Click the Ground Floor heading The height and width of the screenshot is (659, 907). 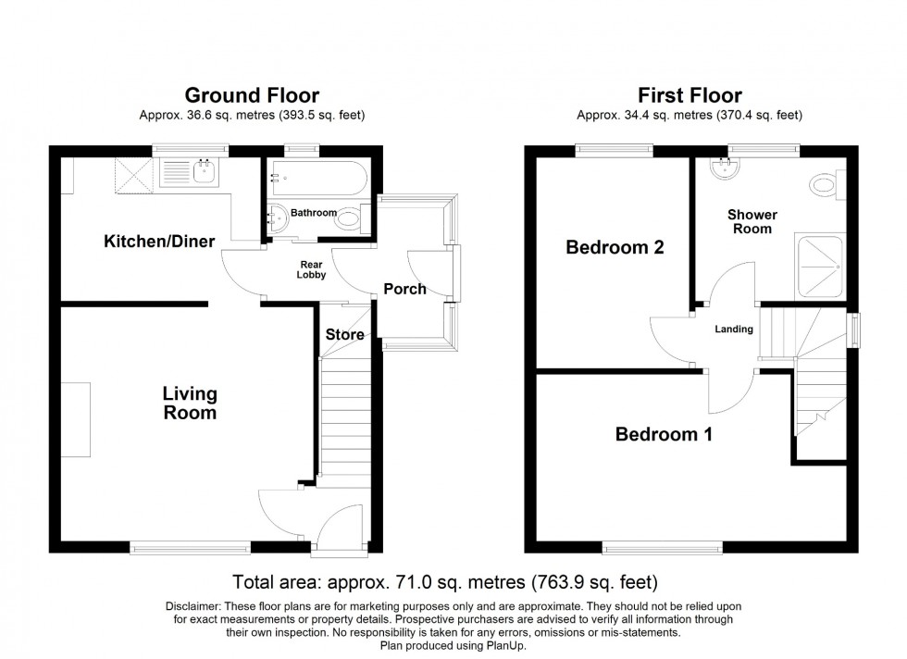[x=252, y=95]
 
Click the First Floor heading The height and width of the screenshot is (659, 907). [x=690, y=95]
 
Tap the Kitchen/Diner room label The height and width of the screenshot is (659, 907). [x=159, y=242]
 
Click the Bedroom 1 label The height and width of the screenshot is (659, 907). [x=665, y=435]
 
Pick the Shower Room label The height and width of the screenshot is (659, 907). [x=752, y=221]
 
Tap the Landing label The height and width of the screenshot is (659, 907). [x=735, y=329]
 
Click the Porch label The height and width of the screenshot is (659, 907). [x=405, y=289]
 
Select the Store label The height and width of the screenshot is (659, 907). [x=344, y=335]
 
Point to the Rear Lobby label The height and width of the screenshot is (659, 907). [x=311, y=268]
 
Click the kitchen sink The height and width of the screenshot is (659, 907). [x=190, y=171]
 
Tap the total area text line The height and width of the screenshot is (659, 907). [x=445, y=582]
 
